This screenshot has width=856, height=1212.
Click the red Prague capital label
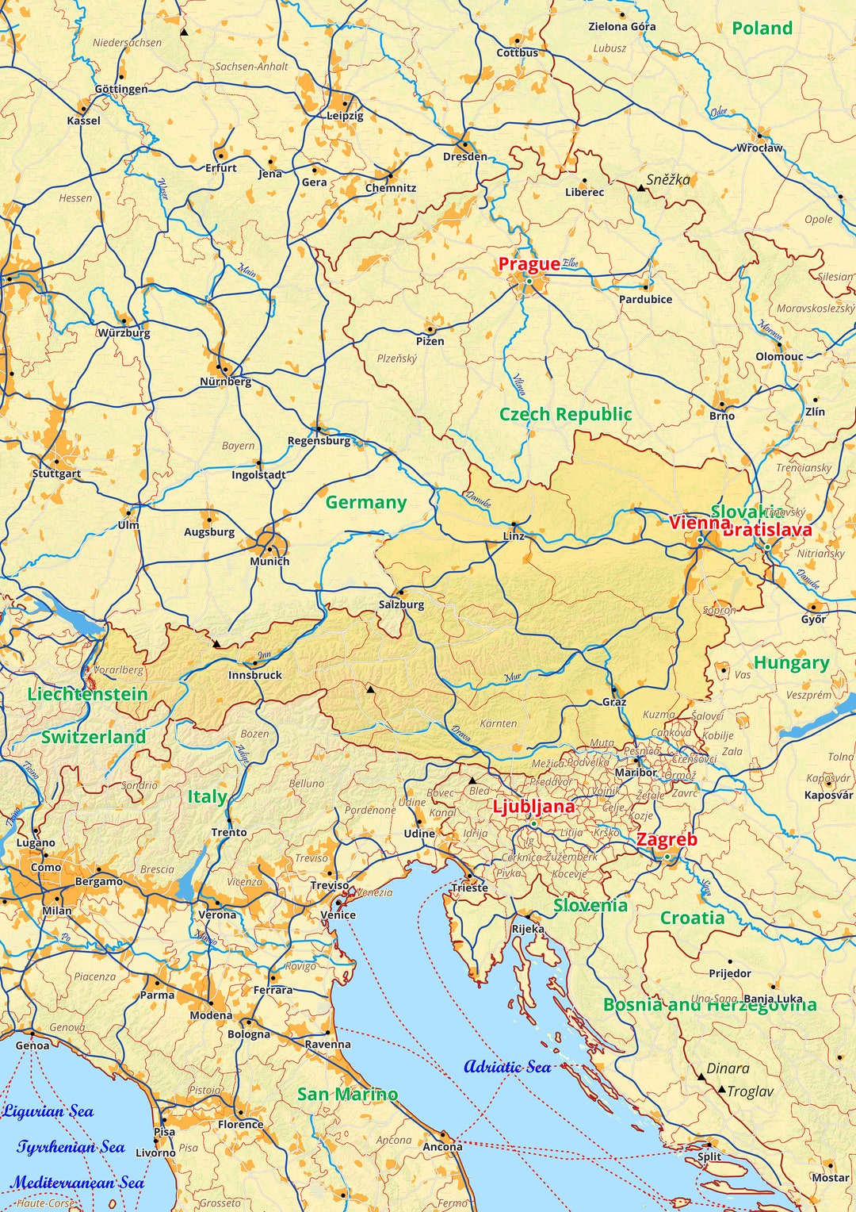(529, 264)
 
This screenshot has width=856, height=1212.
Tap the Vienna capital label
(699, 523)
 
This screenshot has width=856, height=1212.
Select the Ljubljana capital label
(533, 807)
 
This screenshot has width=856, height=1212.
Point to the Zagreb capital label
(667, 839)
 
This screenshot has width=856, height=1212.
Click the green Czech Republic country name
(565, 414)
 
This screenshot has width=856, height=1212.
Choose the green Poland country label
(762, 29)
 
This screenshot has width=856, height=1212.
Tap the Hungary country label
(791, 663)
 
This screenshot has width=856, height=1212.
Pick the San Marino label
(347, 1094)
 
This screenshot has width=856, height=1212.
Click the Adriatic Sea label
(507, 1067)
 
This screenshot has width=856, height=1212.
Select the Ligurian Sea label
(48, 1111)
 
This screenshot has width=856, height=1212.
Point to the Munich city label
(269, 561)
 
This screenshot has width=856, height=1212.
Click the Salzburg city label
(401, 604)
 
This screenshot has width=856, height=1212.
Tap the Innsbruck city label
(255, 675)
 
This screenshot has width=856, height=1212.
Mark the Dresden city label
(465, 157)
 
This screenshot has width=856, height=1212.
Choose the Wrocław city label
(759, 148)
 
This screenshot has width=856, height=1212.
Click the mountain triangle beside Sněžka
(640, 187)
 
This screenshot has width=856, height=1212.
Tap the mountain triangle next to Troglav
(721, 1091)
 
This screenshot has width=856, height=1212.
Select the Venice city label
(338, 915)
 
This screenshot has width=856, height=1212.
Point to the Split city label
(709, 1156)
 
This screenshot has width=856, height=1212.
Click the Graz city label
(614, 702)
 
